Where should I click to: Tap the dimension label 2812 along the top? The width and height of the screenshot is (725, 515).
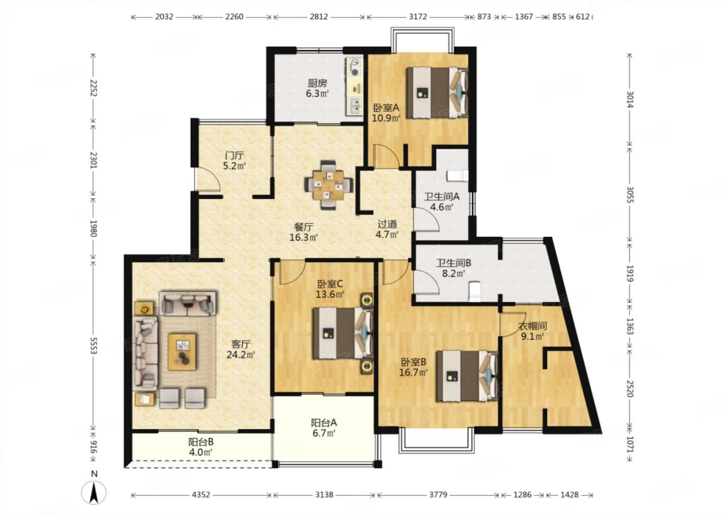pyautogui.click(x=319, y=17)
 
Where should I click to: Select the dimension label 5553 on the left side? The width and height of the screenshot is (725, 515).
pyautogui.click(x=94, y=346)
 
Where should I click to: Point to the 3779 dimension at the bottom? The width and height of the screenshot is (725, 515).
pyautogui.click(x=438, y=495)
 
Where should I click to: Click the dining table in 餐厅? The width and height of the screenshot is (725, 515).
pyautogui.click(x=328, y=185)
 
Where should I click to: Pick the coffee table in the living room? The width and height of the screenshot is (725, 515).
pyautogui.click(x=182, y=352)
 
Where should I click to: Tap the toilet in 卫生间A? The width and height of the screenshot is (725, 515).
pyautogui.click(x=457, y=176)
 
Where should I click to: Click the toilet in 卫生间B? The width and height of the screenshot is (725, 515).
pyautogui.click(x=474, y=292)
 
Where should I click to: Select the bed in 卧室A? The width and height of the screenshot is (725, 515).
pyautogui.click(x=438, y=93)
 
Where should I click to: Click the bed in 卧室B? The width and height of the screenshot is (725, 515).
pyautogui.click(x=467, y=376)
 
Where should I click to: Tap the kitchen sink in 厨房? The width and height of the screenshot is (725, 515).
pyautogui.click(x=355, y=106)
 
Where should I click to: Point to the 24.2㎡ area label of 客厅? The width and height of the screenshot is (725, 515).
pyautogui.click(x=241, y=355)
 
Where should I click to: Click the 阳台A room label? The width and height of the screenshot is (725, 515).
pyautogui.click(x=324, y=422)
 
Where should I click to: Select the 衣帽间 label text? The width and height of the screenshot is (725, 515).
pyautogui.click(x=533, y=326)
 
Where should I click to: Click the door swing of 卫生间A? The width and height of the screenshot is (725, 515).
pyautogui.click(x=426, y=219)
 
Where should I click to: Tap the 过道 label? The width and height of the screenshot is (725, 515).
pyautogui.click(x=387, y=224)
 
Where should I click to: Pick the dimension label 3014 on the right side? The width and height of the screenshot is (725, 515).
pyautogui.click(x=630, y=99)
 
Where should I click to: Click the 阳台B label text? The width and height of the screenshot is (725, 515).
pyautogui.click(x=201, y=442)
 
